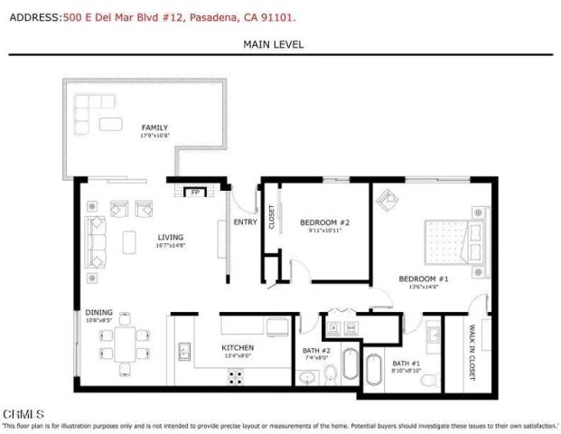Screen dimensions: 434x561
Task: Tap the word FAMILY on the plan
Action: tap(154, 127)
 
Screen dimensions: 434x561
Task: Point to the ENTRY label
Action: tap(245, 222)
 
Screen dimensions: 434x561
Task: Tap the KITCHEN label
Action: tap(238, 348)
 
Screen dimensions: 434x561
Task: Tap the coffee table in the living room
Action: tap(130, 241)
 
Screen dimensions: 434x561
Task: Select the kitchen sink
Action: tap(183, 352)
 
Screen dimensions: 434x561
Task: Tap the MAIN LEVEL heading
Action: tap(274, 44)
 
